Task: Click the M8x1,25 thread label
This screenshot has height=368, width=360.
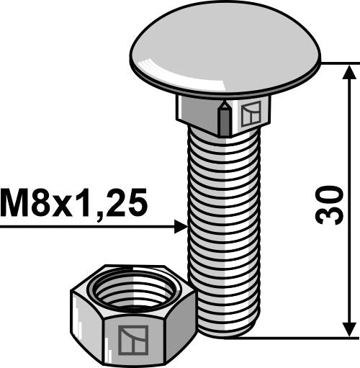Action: point(74,204)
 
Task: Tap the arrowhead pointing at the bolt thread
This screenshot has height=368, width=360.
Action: point(180,228)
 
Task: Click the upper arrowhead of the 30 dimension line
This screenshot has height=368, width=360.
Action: point(350,71)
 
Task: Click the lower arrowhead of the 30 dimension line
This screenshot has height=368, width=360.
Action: point(350,328)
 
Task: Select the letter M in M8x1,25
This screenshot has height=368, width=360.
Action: point(16,204)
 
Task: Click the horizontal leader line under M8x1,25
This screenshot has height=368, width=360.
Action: point(86,228)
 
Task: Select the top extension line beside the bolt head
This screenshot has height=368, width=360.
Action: point(338,63)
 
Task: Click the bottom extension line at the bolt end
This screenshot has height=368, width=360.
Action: point(302,336)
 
